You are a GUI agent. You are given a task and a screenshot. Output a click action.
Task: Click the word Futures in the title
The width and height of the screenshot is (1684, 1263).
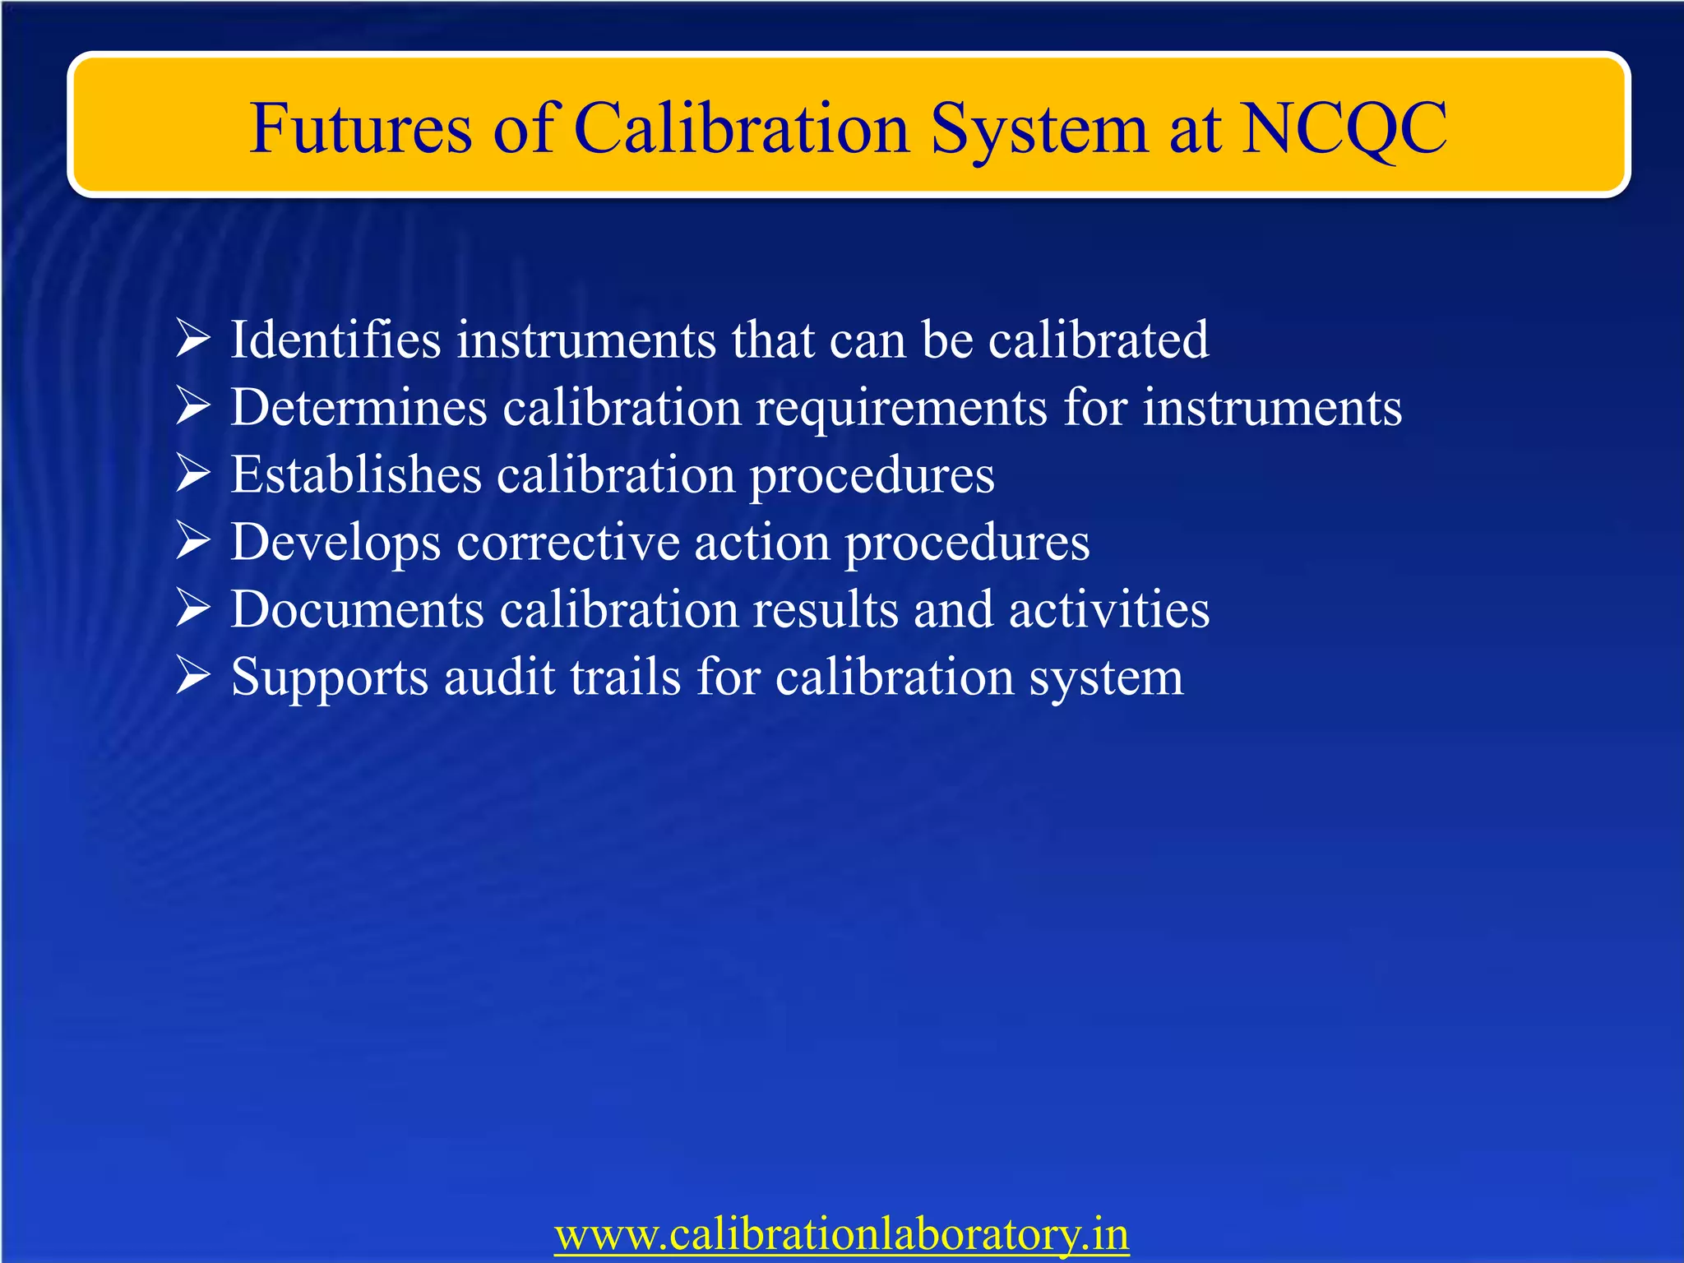point(360,129)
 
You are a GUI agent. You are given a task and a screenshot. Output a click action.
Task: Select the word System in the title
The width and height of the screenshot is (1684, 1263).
point(1039,129)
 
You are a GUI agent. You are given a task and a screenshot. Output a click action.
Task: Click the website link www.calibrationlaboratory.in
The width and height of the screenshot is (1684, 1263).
point(841,1233)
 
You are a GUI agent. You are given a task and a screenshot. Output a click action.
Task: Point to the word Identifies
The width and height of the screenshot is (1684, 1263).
point(335,339)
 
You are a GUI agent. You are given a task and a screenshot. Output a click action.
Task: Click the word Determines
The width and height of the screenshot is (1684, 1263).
point(359,407)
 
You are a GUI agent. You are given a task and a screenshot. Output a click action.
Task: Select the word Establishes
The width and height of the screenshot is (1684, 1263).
point(355,474)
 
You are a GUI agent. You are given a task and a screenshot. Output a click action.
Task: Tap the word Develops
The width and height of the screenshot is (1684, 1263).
point(335,543)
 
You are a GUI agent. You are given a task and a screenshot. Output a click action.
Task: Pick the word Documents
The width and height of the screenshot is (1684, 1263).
point(357,609)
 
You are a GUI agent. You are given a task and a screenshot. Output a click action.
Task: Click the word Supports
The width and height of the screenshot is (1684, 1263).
point(329,678)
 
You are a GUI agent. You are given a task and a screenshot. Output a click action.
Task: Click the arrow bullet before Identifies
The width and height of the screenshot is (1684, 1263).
point(193,339)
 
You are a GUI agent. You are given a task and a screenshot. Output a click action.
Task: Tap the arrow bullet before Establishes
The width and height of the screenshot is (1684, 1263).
point(193,474)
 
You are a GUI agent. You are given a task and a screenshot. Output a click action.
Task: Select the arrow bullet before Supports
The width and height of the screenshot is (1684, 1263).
point(193,677)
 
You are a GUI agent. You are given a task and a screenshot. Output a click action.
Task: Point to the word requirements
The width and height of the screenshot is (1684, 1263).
point(901,409)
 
